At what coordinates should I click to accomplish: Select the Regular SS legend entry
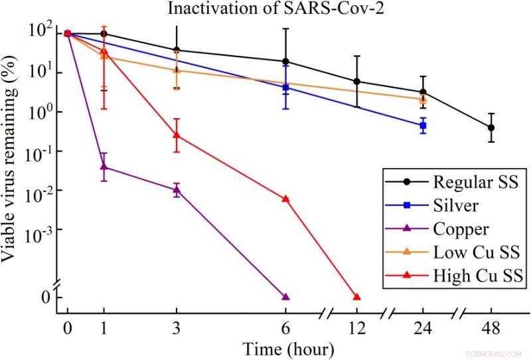tap(464, 181)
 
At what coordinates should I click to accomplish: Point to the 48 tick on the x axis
tap(491, 328)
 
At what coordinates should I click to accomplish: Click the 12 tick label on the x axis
tap(356, 328)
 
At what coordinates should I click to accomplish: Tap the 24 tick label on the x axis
tap(423, 328)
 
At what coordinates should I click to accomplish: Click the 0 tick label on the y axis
tap(45, 296)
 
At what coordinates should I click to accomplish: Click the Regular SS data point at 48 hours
tap(491, 128)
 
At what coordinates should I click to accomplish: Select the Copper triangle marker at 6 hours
tap(286, 297)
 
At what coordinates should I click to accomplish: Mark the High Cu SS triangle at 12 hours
tap(356, 297)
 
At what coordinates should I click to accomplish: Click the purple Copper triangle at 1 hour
tap(104, 167)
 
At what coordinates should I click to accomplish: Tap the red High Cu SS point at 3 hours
tap(176, 135)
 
